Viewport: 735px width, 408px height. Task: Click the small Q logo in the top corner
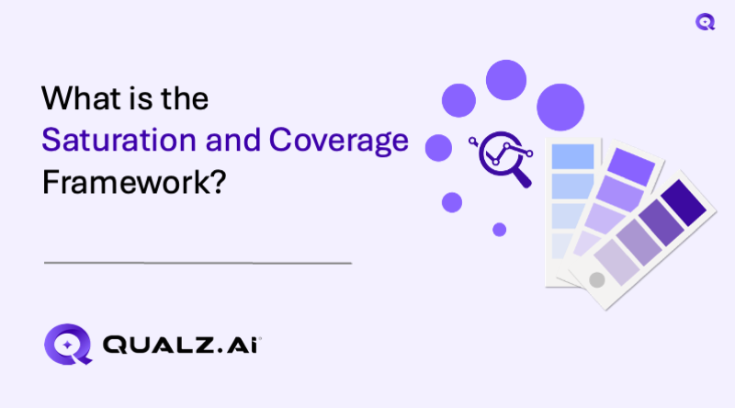click(705, 22)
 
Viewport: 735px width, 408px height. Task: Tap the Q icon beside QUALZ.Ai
click(69, 346)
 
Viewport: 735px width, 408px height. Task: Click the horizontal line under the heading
click(198, 263)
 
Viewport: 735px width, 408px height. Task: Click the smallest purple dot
click(499, 229)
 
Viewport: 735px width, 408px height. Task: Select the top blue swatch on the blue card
click(571, 156)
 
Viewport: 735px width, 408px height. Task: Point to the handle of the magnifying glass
click(523, 178)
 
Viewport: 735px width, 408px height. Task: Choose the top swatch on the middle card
click(630, 165)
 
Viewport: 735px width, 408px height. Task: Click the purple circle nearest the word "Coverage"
click(438, 147)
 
